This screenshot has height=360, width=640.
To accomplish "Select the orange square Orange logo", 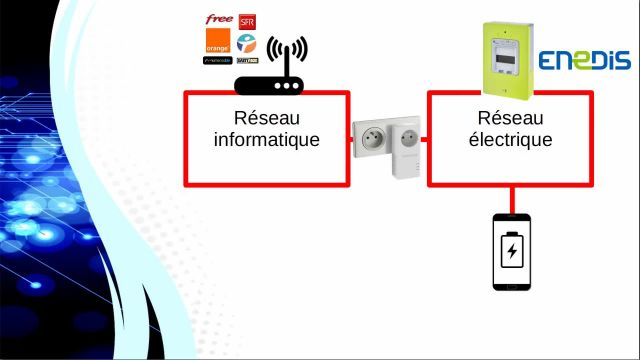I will click(x=218, y=43).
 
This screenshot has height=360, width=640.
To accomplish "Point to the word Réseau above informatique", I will click(x=267, y=119).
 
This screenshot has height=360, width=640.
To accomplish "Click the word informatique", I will click(x=267, y=140).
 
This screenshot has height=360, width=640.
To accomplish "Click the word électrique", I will click(x=510, y=140).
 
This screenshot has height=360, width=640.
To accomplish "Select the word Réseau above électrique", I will click(x=510, y=119).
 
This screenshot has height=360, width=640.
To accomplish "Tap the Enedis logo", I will click(x=585, y=61).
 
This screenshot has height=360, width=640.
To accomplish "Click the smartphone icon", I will click(x=512, y=251).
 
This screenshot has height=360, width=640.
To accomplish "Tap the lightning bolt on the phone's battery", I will click(x=512, y=249).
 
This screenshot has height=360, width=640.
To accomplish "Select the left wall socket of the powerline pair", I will click(x=372, y=142).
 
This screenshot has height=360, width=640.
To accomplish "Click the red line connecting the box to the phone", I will click(x=512, y=200).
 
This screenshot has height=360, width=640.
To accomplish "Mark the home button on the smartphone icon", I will click(x=512, y=284).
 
